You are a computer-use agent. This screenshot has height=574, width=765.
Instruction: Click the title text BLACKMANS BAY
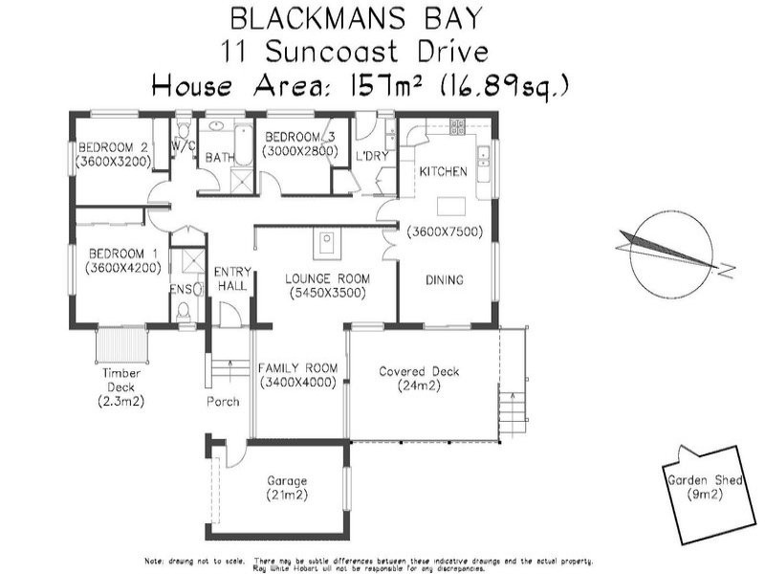pyautogui.click(x=356, y=18)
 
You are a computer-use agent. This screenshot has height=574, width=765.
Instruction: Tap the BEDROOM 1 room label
pyautogui.click(x=116, y=254)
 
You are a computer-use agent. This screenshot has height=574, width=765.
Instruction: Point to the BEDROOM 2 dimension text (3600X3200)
pyautogui.click(x=113, y=163)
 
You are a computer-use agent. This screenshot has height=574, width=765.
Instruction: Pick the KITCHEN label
pyautogui.click(x=443, y=172)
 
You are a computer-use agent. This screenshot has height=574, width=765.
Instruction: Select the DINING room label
pyautogui.click(x=444, y=280)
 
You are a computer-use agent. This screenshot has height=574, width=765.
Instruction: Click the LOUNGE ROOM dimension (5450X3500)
pyautogui.click(x=327, y=294)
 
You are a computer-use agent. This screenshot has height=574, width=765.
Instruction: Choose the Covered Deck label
pyautogui.click(x=419, y=372)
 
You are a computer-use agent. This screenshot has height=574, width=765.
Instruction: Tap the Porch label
pyautogui.click(x=223, y=402)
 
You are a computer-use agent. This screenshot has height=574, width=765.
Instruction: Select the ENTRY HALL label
pyautogui.click(x=231, y=278)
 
